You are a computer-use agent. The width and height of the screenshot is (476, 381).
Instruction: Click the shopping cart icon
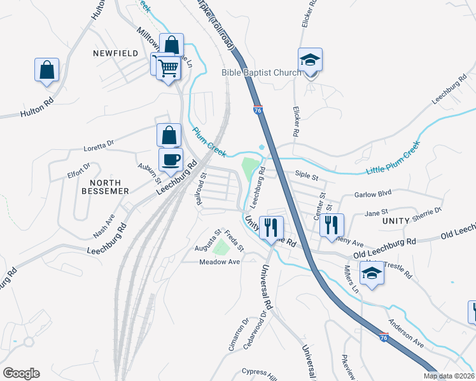168,67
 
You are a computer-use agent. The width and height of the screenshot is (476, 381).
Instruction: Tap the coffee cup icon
171,159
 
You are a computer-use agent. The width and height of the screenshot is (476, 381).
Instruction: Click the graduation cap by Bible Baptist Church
311,60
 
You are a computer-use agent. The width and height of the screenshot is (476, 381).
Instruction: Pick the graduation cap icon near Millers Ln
372,274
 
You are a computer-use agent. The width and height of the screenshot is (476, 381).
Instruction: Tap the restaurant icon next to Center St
332,225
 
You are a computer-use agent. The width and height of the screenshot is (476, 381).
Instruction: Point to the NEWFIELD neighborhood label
115,54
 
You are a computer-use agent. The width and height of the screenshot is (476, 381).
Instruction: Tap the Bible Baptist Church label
261,72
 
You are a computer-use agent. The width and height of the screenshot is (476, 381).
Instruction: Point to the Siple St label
306,173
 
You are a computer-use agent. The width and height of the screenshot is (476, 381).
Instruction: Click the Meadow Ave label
219,262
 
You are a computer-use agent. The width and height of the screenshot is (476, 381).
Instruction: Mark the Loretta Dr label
98,148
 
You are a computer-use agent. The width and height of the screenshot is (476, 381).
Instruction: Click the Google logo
21,373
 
